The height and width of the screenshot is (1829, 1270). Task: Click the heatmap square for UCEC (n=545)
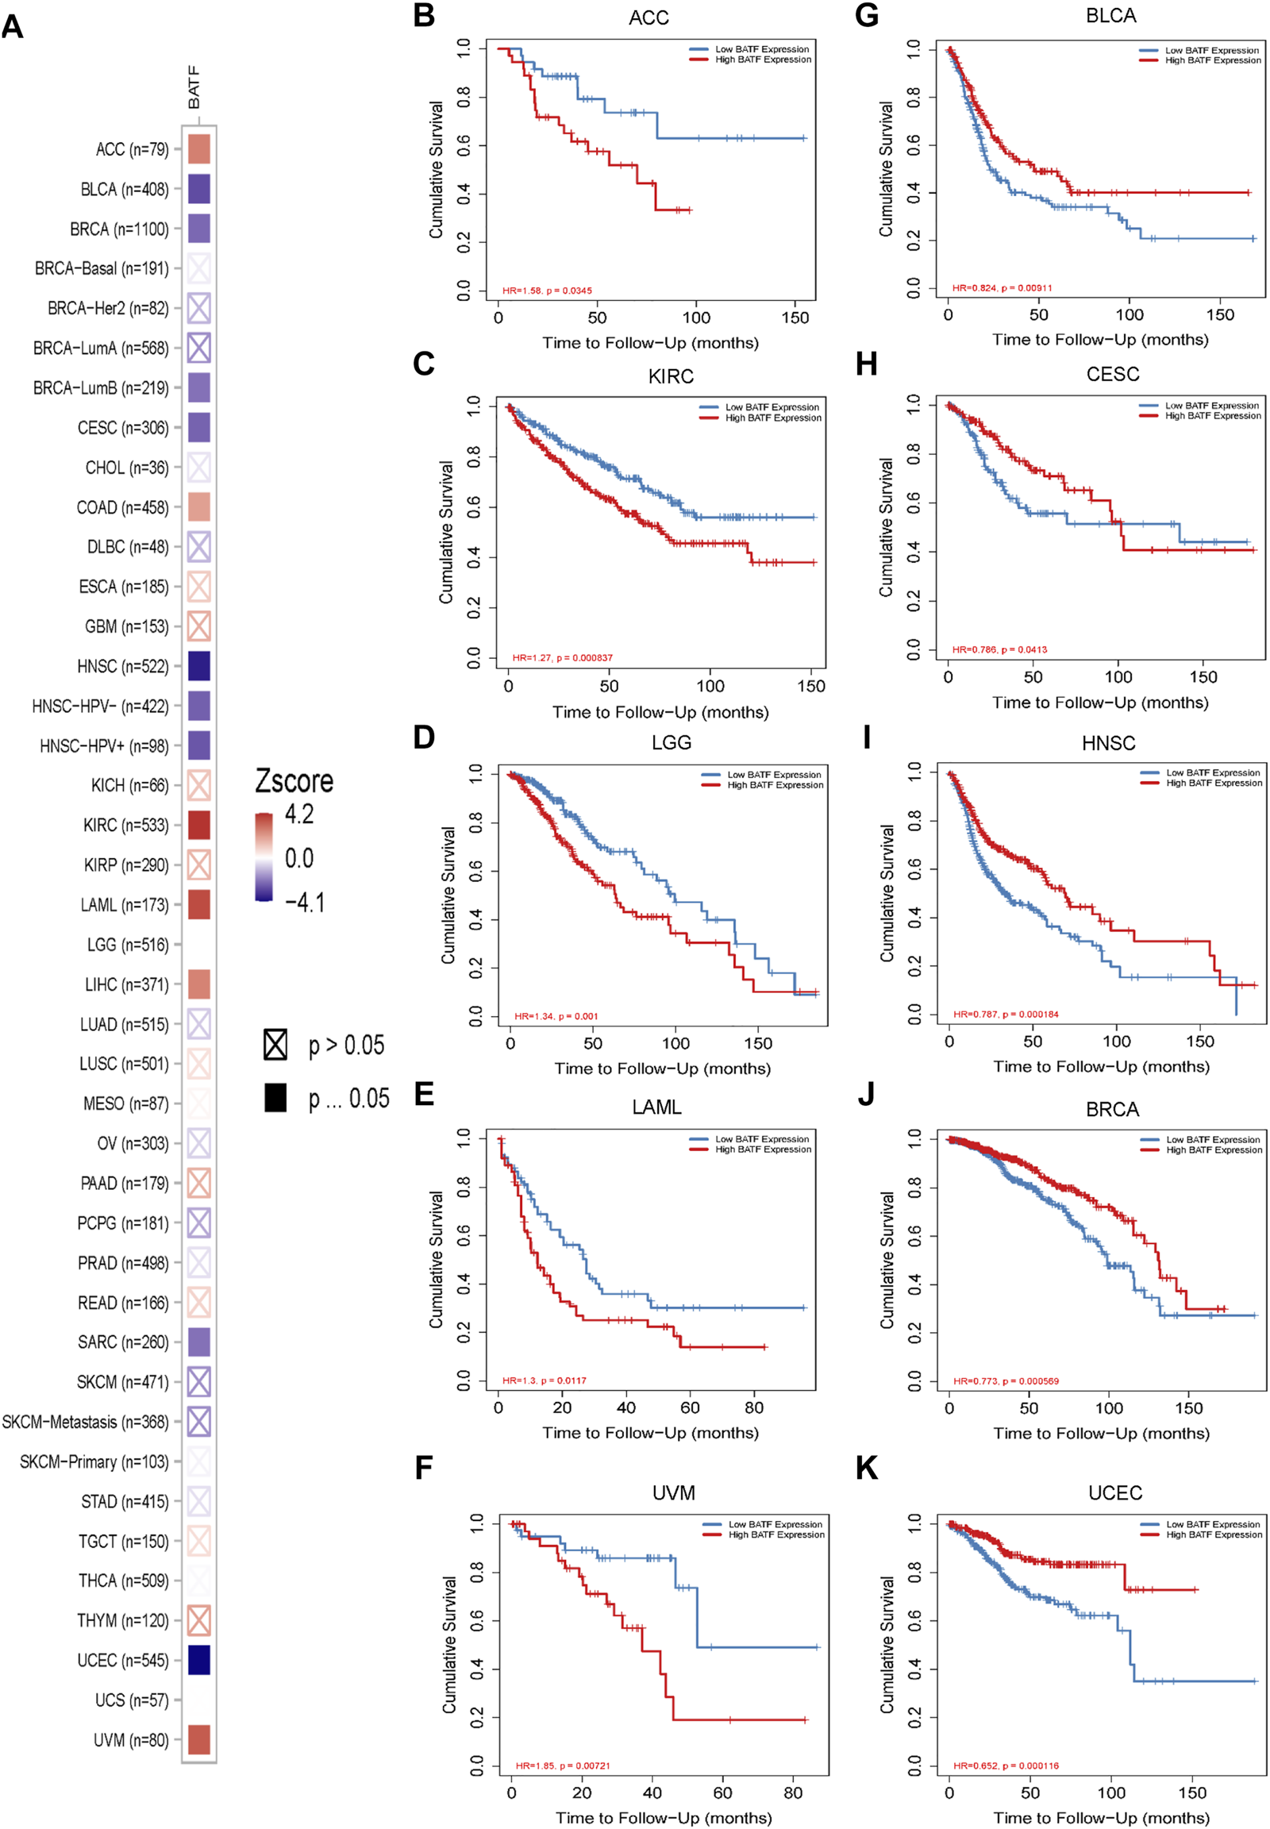click(199, 1659)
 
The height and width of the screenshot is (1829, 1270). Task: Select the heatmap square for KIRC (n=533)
click(199, 825)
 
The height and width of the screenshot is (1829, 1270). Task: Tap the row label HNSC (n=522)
click(122, 666)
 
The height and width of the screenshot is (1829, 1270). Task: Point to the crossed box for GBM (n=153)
click(199, 626)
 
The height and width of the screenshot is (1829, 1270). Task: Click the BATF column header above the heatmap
click(194, 87)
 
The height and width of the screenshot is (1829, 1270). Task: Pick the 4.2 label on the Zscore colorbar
click(299, 814)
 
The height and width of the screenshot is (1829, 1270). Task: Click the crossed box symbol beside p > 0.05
click(275, 1044)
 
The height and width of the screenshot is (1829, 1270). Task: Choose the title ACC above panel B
click(648, 17)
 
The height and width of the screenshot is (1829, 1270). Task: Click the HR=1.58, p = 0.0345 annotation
click(547, 291)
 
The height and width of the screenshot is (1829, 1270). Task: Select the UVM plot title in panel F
click(673, 1492)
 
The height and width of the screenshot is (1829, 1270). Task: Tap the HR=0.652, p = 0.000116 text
click(1006, 1765)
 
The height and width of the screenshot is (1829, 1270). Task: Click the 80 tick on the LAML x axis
click(753, 1407)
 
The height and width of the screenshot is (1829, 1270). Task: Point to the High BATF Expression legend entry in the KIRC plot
click(772, 418)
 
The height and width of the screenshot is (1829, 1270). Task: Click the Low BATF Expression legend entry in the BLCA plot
click(1212, 50)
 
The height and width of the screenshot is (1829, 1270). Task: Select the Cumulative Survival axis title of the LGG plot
click(448, 895)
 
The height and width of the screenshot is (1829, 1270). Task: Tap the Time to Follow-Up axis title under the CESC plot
click(1099, 702)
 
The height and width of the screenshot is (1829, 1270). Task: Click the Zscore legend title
click(294, 781)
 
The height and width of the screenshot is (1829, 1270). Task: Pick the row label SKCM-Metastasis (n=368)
click(85, 1422)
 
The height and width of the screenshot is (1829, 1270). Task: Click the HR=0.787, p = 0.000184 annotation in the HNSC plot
click(1006, 1014)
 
